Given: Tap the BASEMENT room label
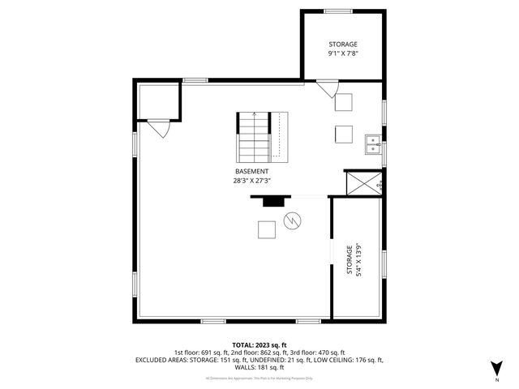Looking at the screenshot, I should [252, 172].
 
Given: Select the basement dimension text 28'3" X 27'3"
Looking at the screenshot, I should [252, 181].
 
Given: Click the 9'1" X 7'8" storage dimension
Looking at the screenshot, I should [342, 53].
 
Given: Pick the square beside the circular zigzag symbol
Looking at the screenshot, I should [267, 230].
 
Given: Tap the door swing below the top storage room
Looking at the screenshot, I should [327, 88].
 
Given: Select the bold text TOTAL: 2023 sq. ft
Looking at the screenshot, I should [259, 345].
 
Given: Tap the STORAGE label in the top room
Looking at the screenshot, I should [342, 44].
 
